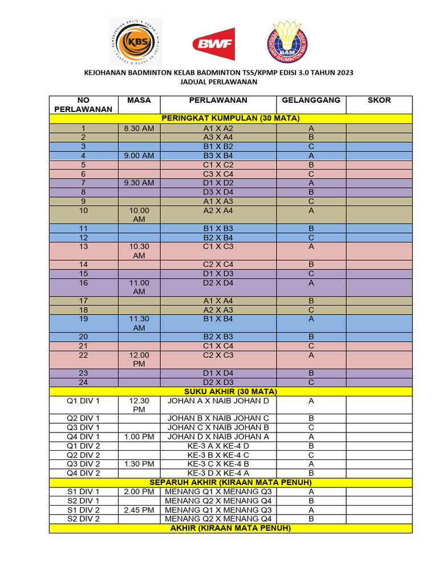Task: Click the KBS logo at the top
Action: [135, 42]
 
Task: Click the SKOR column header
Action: [379, 100]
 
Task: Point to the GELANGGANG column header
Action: [311, 100]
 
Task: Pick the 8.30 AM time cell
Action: [139, 129]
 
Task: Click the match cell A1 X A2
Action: [218, 129]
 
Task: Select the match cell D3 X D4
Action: [218, 193]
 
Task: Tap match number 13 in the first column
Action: [83, 247]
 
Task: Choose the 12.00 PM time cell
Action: [139, 359]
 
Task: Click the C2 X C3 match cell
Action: [218, 355]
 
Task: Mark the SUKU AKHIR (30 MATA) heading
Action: [230, 391]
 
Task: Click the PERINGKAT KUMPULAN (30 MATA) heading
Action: [230, 118]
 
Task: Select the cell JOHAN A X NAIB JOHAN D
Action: [218, 401]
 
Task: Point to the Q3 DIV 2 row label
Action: [83, 464]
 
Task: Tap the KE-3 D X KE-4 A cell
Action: [218, 473]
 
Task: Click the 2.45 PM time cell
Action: [139, 510]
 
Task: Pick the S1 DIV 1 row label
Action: [83, 491]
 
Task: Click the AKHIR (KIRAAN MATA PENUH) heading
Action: [230, 528]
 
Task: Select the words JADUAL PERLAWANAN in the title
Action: [218, 82]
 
